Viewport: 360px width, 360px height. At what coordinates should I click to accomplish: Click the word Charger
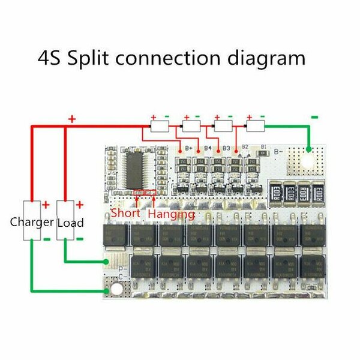click(x=32, y=223)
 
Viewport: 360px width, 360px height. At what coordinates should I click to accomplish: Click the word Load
click(x=70, y=223)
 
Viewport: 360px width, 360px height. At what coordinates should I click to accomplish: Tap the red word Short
click(x=125, y=213)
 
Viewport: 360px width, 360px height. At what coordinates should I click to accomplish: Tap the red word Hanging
click(x=171, y=213)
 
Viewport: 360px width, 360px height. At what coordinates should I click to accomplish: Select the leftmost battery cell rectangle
click(x=160, y=127)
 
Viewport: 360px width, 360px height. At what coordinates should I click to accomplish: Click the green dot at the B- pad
click(x=309, y=149)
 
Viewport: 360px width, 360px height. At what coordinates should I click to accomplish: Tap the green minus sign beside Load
click(x=80, y=239)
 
